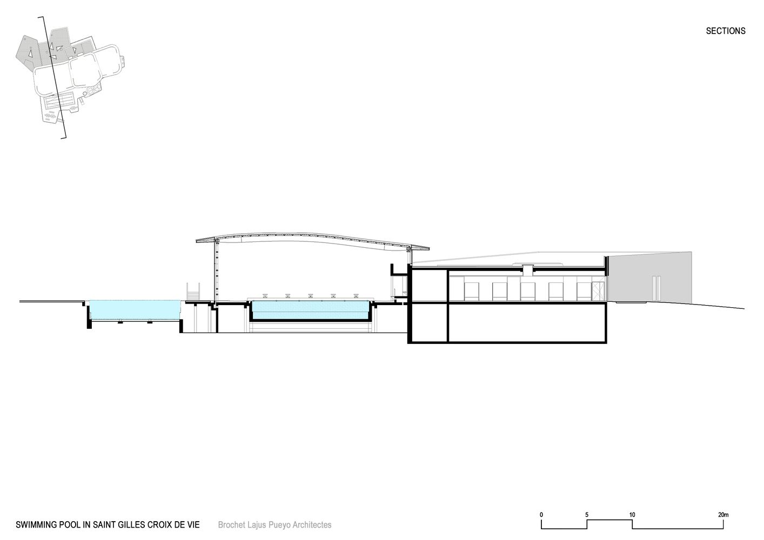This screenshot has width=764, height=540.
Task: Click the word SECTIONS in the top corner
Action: click(726, 31)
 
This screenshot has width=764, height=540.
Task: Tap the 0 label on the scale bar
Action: click(541, 515)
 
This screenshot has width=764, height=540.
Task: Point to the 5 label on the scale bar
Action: click(587, 515)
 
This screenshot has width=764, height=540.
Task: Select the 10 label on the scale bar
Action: click(632, 515)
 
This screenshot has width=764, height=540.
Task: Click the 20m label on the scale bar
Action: click(723, 515)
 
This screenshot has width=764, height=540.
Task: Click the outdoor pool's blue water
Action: click(135, 310)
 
